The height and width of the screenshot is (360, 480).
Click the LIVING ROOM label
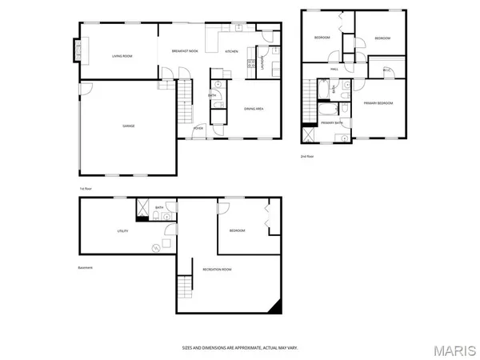tap(122, 55)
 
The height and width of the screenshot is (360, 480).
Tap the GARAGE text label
tap(128, 126)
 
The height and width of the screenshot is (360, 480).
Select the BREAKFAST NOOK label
tap(185, 51)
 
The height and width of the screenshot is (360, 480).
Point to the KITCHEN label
tap(231, 51)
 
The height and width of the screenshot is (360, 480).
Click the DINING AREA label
tap(255, 108)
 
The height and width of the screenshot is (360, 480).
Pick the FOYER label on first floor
tap(198, 127)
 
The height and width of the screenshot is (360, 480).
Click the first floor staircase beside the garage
tap(186, 101)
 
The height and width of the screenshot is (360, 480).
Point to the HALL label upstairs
tap(334, 69)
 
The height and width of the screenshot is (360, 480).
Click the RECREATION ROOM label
tap(217, 270)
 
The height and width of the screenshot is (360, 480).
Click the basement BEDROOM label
tap(238, 230)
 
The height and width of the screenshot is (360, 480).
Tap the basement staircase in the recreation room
tap(186, 285)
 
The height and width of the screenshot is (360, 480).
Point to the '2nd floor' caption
tap(307, 156)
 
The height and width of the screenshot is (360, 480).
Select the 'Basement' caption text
tap(85, 267)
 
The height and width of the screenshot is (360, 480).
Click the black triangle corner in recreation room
tap(276, 306)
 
